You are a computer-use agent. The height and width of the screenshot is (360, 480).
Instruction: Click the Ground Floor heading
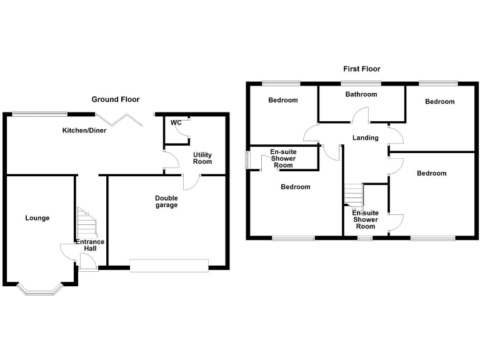click(116, 99)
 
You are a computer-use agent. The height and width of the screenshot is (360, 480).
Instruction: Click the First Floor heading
click(361, 69)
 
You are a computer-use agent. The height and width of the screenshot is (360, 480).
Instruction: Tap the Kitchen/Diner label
click(84, 131)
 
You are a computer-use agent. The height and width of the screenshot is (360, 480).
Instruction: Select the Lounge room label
click(37, 218)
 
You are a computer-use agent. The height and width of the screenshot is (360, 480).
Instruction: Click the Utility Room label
click(202, 158)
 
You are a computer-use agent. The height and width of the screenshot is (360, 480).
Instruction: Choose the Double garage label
click(166, 202)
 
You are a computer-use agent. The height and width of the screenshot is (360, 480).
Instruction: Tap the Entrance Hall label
click(90, 245)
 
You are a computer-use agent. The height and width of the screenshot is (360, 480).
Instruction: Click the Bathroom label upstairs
click(361, 95)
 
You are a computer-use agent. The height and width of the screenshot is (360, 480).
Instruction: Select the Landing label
click(366, 138)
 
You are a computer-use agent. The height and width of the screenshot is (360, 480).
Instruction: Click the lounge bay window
click(39, 288)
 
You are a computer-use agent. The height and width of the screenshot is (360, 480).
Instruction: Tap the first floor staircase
click(354, 195)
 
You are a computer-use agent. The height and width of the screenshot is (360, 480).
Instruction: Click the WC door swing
click(182, 128)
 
